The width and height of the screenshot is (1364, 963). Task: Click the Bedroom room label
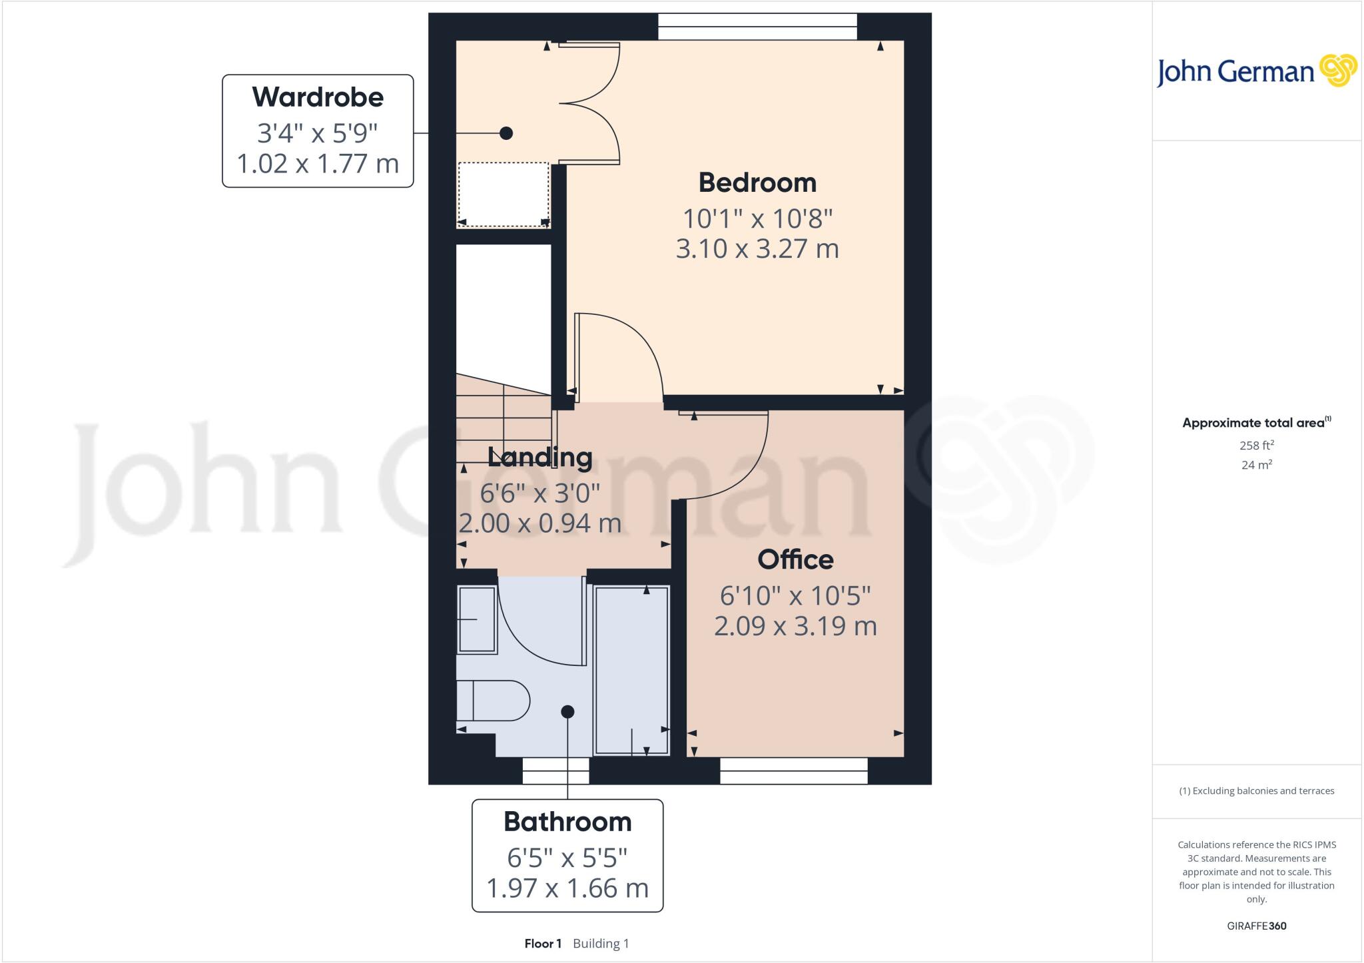[x=757, y=182]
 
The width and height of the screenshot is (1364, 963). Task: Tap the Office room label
[x=795, y=559]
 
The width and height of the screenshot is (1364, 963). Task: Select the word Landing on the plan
[x=539, y=458]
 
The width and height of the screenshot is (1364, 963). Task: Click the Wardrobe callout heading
[x=318, y=97]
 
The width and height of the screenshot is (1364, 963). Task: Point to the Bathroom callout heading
[x=567, y=822]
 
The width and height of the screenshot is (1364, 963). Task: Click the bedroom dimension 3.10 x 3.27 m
[x=757, y=248]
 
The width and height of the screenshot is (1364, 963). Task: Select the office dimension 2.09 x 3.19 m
[x=795, y=626]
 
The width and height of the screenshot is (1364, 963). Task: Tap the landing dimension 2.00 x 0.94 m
[x=539, y=523]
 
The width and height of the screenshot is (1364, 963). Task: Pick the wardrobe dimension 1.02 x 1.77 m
[x=318, y=163]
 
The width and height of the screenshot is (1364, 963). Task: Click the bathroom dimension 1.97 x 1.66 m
[x=567, y=888]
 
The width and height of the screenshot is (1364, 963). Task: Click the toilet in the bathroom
[x=493, y=701]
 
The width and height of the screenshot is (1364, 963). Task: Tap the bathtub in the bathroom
[x=631, y=670]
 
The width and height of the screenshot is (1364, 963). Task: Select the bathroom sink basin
[x=477, y=619]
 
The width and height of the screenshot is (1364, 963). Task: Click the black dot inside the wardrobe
[x=506, y=133]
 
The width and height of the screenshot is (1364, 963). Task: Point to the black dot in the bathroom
[x=567, y=712]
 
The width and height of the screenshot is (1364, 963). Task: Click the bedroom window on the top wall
[x=757, y=27]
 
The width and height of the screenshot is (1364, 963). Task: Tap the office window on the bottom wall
[x=793, y=771]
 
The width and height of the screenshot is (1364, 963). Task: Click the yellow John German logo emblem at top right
[x=1337, y=70]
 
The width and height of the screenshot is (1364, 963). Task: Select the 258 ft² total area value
[x=1256, y=445]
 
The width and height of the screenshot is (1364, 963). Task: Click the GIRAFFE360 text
[x=1256, y=926]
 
